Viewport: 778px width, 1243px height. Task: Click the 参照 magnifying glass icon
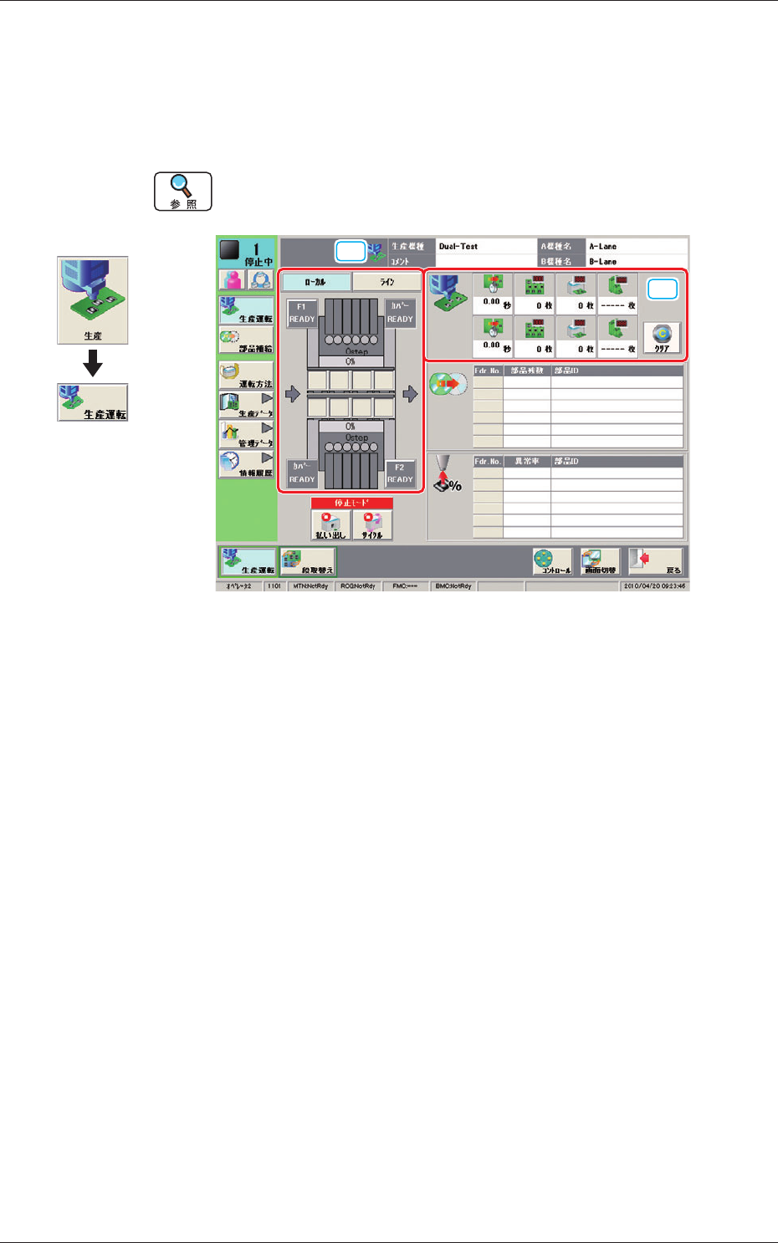click(183, 192)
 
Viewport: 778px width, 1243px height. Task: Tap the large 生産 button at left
click(93, 300)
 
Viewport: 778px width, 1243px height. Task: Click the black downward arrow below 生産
click(93, 363)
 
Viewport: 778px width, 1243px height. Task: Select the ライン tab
click(386, 282)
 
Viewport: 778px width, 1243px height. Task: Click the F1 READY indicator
click(301, 313)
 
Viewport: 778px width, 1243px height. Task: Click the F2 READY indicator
click(400, 473)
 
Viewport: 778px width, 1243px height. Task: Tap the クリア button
click(662, 340)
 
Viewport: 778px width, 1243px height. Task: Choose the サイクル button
click(372, 525)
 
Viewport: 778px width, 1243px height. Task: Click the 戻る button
click(656, 561)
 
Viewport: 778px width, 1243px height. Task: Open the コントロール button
click(552, 561)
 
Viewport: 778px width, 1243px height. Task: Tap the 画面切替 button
click(600, 561)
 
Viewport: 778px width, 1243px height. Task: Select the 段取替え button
click(308, 561)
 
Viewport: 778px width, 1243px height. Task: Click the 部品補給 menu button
click(246, 340)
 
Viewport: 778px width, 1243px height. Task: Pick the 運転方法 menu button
click(246, 376)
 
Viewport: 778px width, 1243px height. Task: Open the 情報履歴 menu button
click(246, 464)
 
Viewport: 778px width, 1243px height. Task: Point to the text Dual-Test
click(458, 247)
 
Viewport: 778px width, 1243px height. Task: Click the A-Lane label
click(602, 247)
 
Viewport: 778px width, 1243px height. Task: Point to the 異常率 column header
click(526, 461)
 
